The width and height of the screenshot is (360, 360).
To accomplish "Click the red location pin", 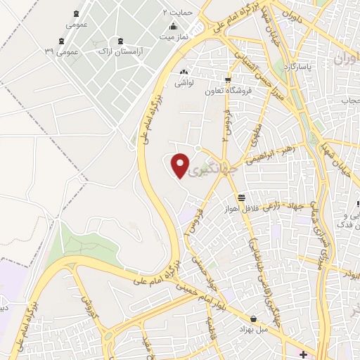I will (181, 165).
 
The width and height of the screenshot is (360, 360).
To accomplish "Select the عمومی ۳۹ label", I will (59, 52).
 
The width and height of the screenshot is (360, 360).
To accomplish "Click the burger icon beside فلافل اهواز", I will (242, 199).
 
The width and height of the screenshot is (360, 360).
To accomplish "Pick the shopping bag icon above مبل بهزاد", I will (253, 319).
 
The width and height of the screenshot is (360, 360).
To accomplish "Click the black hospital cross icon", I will (302, 353).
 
